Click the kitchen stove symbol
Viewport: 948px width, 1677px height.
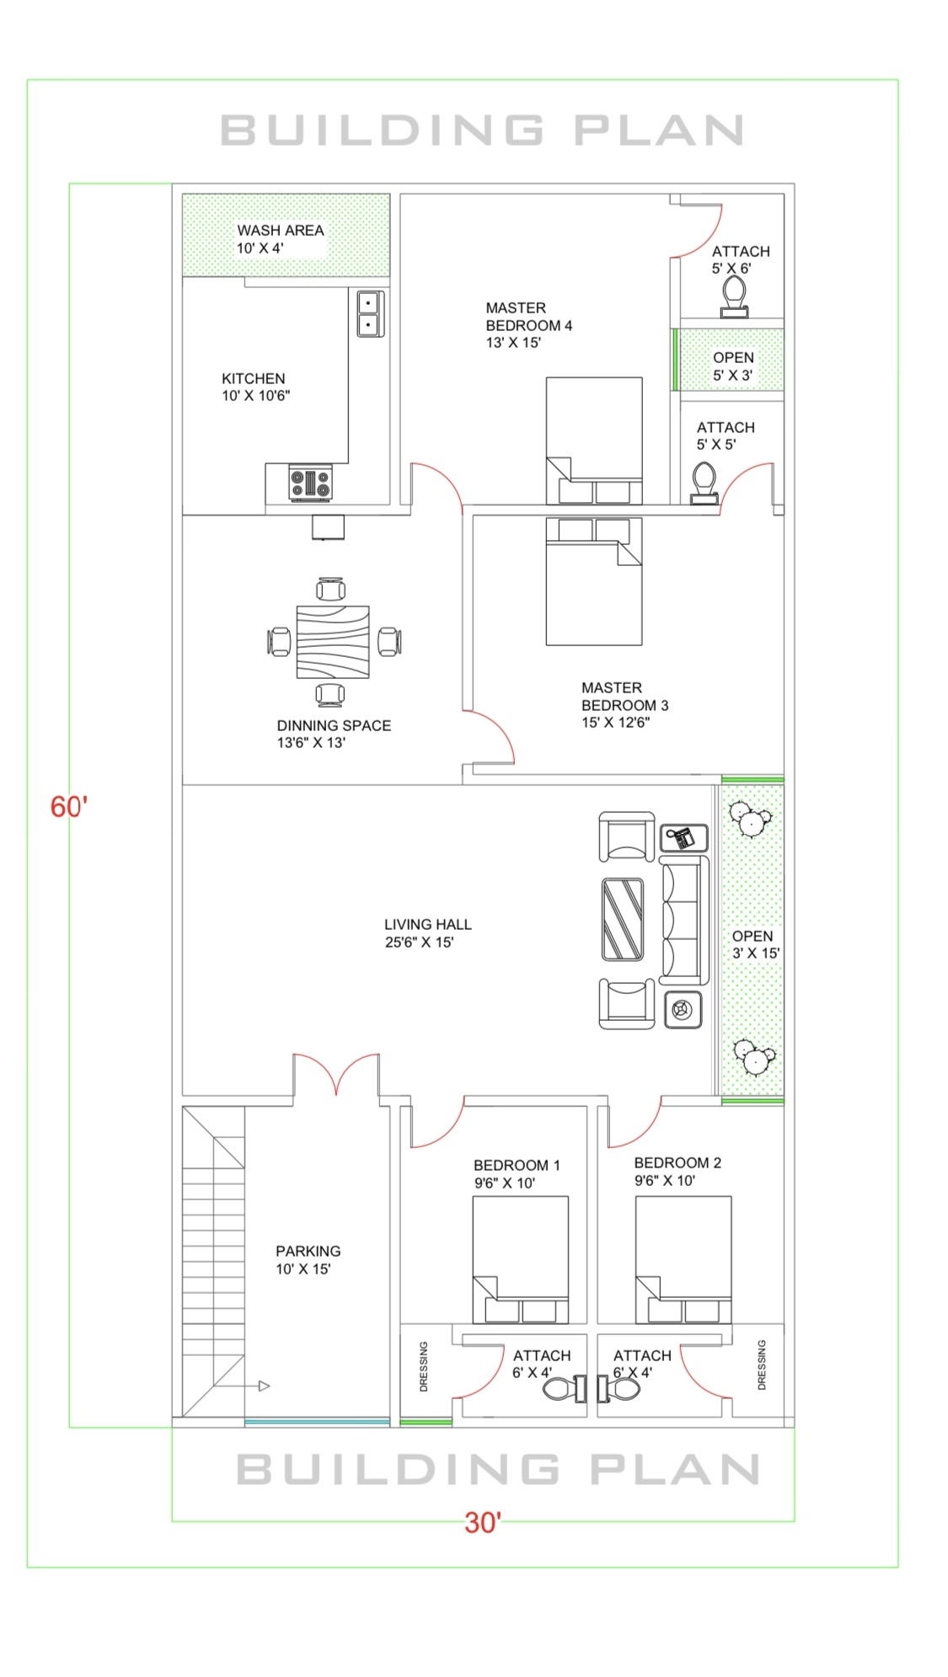point(310,483)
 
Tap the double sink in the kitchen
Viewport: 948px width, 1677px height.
point(368,313)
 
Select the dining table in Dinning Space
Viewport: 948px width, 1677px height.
point(332,642)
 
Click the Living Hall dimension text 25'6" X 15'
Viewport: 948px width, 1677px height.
point(419,943)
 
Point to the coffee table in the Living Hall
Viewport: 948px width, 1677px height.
point(623,919)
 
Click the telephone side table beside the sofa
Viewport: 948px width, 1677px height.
point(683,838)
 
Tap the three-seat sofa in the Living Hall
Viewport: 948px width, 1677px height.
point(683,920)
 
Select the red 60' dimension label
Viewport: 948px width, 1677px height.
point(68,807)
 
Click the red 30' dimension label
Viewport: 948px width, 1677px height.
point(483,1523)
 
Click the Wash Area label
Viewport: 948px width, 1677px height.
point(280,231)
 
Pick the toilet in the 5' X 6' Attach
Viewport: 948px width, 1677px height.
point(734,297)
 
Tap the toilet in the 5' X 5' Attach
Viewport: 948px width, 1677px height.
point(704,483)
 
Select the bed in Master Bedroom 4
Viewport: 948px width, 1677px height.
point(593,440)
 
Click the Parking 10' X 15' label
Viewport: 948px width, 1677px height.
point(307,1260)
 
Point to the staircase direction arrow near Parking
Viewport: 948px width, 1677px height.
point(263,1386)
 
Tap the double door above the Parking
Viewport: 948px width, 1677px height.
point(336,1075)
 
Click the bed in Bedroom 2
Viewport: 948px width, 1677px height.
point(683,1259)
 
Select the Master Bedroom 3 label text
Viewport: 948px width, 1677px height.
point(624,697)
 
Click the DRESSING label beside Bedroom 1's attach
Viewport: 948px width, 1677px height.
point(424,1366)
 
